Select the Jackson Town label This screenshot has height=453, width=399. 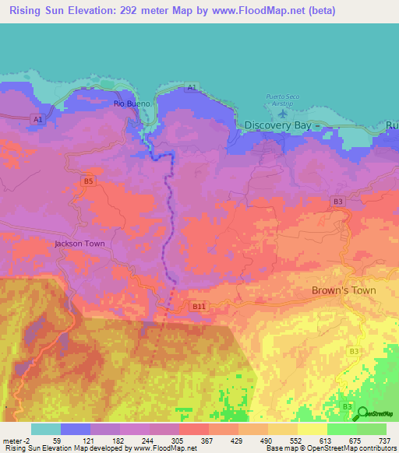coord(79,244)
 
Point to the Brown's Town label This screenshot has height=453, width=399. coord(344,290)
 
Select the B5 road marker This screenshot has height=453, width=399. coord(88,181)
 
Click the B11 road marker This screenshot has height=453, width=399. coord(199,307)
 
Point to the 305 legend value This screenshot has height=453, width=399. coord(178,440)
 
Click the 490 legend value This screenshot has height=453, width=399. coord(267,440)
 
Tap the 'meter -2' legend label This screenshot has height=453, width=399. coord(16,440)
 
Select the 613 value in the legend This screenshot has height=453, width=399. coord(326,440)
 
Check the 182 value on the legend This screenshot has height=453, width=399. coord(118,440)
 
